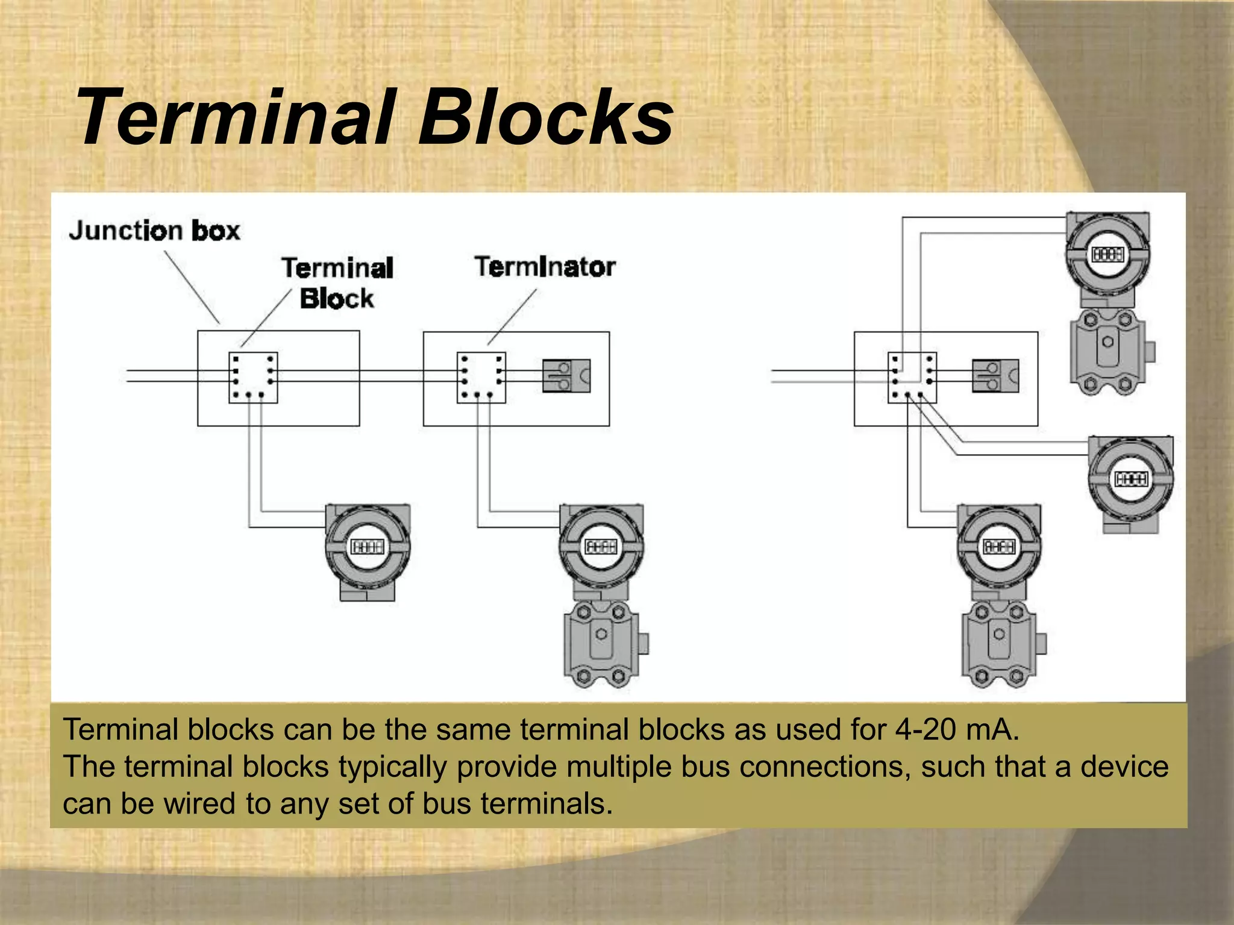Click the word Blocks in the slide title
[545, 117]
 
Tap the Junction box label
[155, 231]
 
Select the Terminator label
[545, 267]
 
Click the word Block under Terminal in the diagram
[337, 299]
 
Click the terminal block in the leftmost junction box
[253, 378]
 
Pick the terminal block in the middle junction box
[481, 378]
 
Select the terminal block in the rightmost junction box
[912, 378]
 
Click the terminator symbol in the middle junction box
[566, 376]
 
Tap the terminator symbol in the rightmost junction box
[995, 376]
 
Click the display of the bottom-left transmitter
[368, 547]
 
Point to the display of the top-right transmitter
[1107, 255]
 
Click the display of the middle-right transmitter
[1132, 479]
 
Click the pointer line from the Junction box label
[192, 287]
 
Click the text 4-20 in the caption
[929, 730]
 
